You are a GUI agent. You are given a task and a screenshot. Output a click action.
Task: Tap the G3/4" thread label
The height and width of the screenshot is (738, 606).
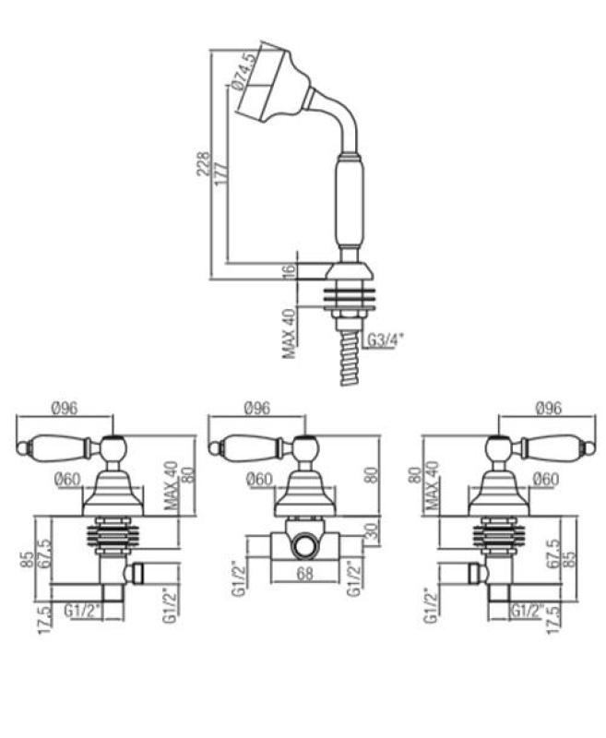385,341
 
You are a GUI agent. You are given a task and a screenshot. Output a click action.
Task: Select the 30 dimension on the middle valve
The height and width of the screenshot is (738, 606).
373,533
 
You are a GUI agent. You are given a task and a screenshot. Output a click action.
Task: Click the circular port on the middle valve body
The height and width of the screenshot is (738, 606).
303,546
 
